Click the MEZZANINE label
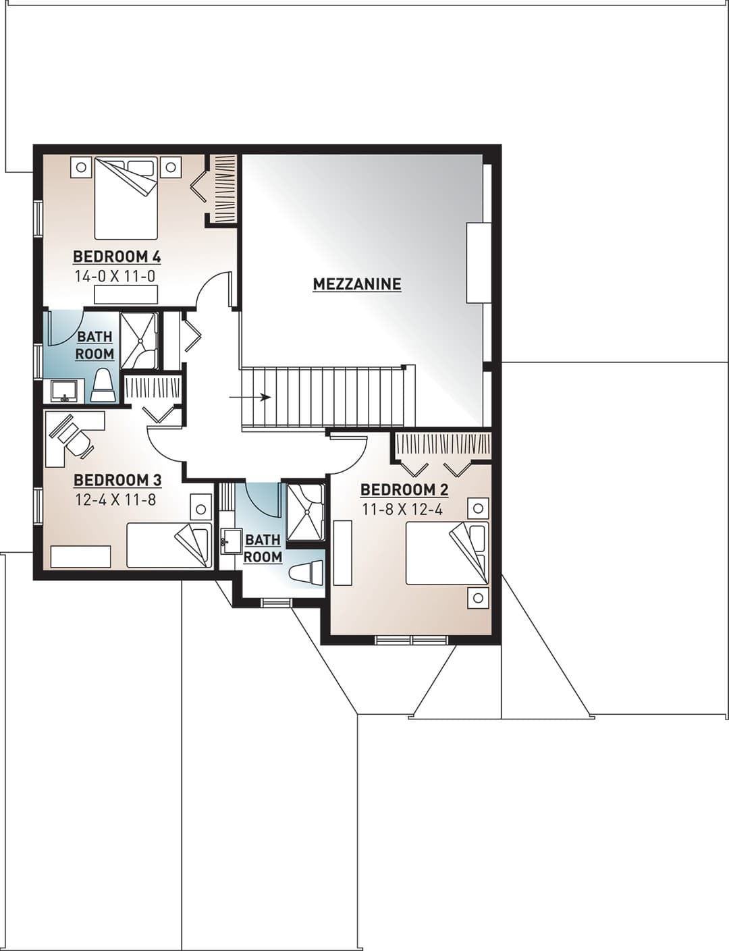point(357,284)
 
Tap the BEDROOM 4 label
point(117,256)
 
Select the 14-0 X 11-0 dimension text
point(115,277)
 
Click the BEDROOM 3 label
point(117,480)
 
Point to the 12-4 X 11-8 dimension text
point(115,499)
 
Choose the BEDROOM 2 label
point(404,490)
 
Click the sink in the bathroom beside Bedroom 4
point(64,390)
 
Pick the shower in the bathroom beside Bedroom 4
point(139,340)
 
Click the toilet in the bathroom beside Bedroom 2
point(306,572)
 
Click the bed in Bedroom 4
point(126,199)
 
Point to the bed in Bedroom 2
point(448,553)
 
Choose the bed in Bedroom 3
point(169,545)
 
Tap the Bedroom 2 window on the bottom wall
point(412,641)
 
